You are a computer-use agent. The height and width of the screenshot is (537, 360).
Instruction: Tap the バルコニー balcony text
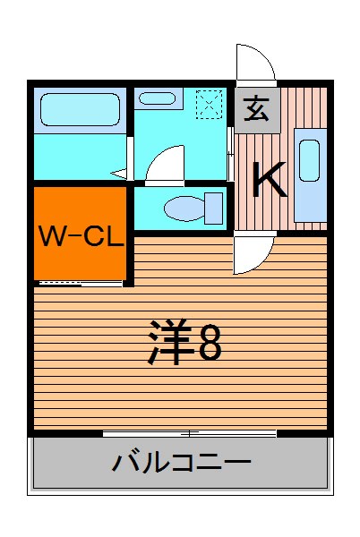pos(181,464)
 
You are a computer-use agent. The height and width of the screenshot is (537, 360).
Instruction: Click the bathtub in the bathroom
pos(80,111)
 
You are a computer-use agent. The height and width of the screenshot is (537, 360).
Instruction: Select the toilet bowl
pos(184,209)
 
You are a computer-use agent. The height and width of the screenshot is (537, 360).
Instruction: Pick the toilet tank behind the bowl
pos(214,208)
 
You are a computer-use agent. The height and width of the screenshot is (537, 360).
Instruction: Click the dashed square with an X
pos(208,105)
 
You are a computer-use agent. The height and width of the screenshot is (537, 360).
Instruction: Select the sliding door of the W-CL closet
pos(81,283)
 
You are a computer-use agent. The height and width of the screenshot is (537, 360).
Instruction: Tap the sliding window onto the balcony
pos(188,434)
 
